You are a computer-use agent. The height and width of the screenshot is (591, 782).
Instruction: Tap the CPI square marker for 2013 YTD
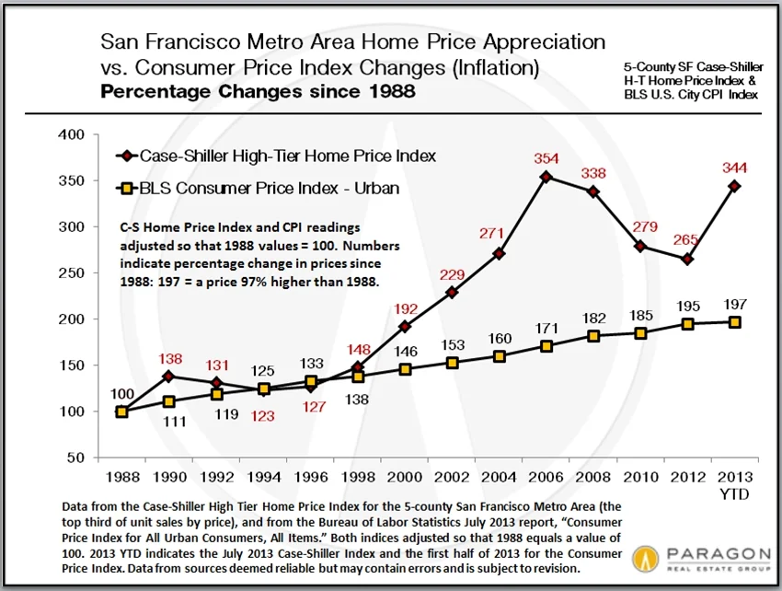pos(735,322)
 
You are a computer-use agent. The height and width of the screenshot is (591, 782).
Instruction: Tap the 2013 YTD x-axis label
pos(734,485)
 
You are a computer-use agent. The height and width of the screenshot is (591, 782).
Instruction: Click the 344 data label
pos(735,168)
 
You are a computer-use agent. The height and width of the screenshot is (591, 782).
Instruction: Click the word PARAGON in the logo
pos(707,553)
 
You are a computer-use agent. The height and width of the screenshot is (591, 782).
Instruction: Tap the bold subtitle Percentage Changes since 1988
pos(258,92)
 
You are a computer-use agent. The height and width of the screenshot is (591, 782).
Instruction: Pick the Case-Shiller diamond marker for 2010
pos(640,246)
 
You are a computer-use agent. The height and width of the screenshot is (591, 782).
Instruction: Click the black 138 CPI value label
pos(357,400)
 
